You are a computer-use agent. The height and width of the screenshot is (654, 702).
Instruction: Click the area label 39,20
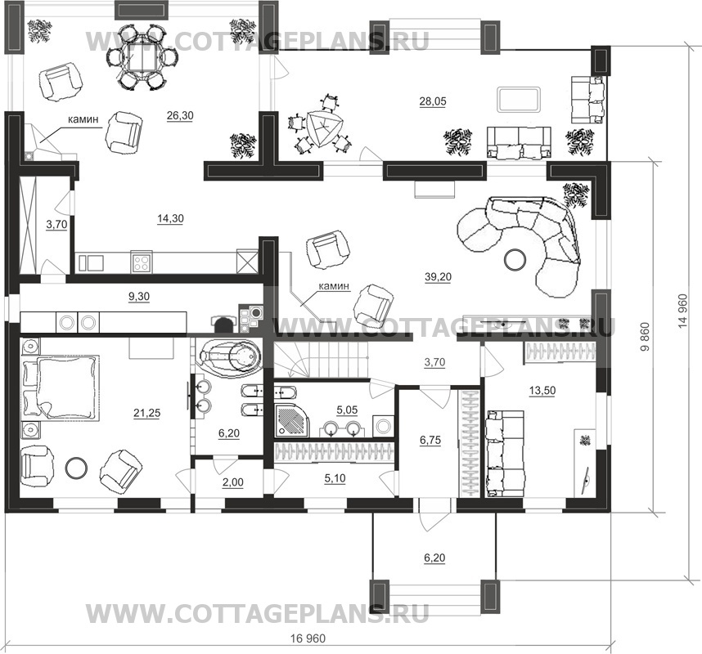click(438, 277)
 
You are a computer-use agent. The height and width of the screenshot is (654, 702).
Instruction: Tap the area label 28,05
click(433, 101)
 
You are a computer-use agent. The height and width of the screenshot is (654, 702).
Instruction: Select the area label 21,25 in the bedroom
click(146, 414)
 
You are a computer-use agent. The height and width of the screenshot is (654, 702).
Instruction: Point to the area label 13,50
click(542, 391)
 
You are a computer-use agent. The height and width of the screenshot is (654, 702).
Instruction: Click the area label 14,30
click(170, 219)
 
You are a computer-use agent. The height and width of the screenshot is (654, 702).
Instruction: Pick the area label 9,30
click(139, 297)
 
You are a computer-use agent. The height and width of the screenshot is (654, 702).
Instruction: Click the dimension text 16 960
click(308, 638)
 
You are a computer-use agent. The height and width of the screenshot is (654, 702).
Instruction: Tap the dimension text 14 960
click(682, 311)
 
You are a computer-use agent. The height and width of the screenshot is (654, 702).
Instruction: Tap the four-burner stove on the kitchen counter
click(142, 262)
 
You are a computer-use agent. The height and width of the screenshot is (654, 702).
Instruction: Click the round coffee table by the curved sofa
click(515, 259)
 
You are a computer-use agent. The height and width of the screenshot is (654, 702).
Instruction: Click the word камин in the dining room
click(83, 119)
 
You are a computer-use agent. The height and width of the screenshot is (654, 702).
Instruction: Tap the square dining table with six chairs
click(142, 56)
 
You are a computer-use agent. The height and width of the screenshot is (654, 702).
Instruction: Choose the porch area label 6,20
click(434, 558)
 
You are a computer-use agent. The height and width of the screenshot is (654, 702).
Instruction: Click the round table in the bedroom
click(76, 468)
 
